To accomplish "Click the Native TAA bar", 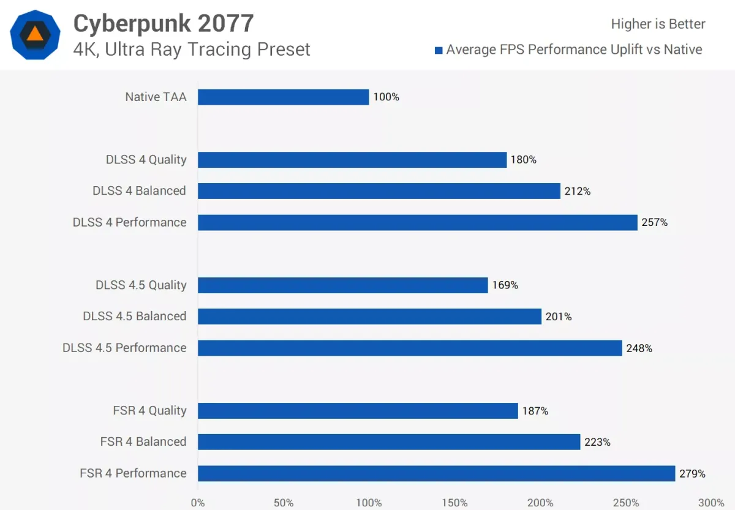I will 283,97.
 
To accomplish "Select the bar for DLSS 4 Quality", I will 352,160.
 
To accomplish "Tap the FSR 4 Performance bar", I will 436,473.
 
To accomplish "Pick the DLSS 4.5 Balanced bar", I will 369,317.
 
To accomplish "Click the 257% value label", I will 655,222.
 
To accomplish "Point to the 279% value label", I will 692,474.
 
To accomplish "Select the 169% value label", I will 505,285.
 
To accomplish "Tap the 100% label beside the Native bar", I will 386,97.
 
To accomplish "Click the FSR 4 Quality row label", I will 149,410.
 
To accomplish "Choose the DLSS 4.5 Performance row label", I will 124,348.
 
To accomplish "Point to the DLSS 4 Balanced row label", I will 139,191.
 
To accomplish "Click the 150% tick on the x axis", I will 454,503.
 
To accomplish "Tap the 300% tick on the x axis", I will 710,503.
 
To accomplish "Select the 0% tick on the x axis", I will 198,503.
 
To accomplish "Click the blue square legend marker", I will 438,50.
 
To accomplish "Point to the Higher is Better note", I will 658,24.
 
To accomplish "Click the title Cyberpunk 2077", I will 163,23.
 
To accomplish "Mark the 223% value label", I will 598,442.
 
